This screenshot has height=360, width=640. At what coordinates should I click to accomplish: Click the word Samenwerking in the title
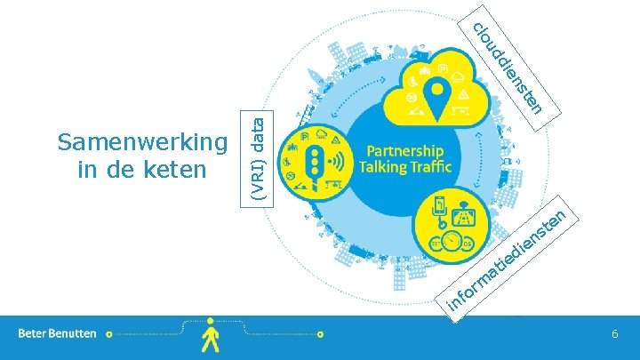click(x=141, y=141)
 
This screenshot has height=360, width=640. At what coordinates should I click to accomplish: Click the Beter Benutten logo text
click(x=58, y=333)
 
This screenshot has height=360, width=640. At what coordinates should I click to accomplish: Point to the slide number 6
click(x=614, y=332)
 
